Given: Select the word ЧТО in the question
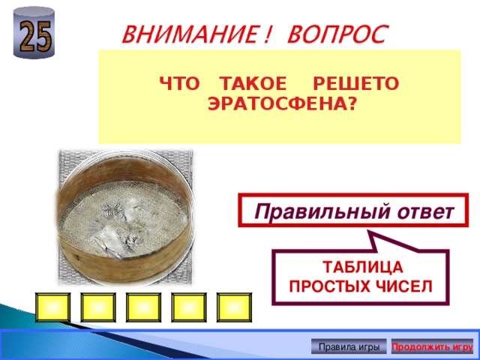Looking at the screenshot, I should (176, 85).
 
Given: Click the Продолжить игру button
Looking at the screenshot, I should (432, 346).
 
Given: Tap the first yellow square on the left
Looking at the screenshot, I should (52, 307).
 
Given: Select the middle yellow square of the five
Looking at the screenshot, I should (143, 307).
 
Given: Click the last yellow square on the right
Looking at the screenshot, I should (235, 307).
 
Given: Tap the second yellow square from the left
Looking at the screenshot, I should (97, 307).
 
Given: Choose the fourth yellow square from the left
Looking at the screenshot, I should (189, 307).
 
